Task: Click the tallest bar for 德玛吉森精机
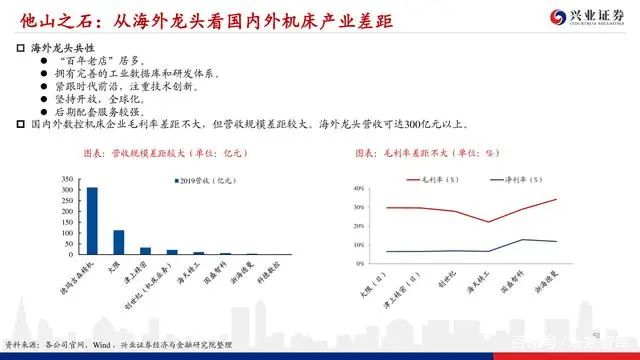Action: pyautogui.click(x=92, y=220)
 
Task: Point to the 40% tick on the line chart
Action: pyautogui.click(x=359, y=188)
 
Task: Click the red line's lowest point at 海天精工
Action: pyautogui.click(x=486, y=222)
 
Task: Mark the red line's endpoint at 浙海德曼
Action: pyautogui.click(x=555, y=199)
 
